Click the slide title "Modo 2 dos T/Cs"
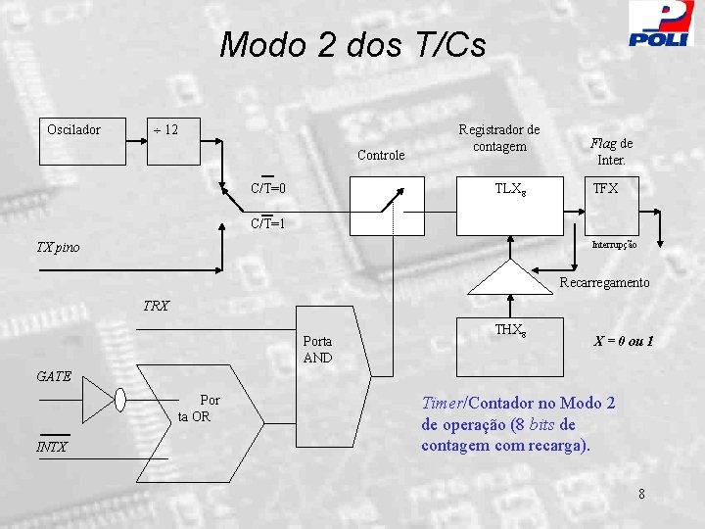pos(352,45)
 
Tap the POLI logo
pos(660,24)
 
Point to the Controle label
pos(381,155)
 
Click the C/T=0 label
pos(267,187)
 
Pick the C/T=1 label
pos(267,223)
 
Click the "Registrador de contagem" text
pos(499,138)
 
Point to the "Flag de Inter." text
pos(611,151)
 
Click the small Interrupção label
pos(613,245)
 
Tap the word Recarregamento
pos(604,282)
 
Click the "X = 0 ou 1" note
pos(624,342)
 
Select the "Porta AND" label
pos(317,350)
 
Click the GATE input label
pos(54,375)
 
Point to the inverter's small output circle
pos(120,400)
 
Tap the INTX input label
pos(52,448)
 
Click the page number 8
pos(641,494)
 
